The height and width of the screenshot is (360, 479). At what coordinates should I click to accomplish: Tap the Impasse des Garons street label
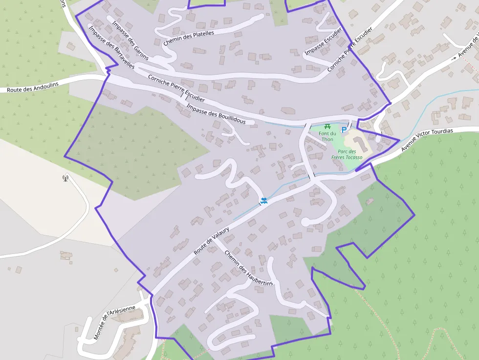click(x=130, y=41)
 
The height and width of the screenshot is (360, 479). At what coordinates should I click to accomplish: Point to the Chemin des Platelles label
click(x=189, y=38)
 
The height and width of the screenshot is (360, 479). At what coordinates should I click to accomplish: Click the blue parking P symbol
click(x=344, y=130)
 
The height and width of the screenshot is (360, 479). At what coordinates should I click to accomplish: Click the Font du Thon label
click(x=327, y=136)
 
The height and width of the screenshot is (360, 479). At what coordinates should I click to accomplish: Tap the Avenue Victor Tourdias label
click(x=427, y=140)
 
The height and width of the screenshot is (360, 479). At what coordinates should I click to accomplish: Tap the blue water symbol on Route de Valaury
click(x=264, y=200)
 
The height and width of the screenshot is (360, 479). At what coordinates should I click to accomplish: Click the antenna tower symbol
click(x=65, y=178)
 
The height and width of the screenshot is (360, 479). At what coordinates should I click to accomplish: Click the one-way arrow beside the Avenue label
click(x=454, y=58)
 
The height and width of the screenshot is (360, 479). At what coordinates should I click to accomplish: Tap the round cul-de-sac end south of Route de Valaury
click(x=306, y=222)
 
